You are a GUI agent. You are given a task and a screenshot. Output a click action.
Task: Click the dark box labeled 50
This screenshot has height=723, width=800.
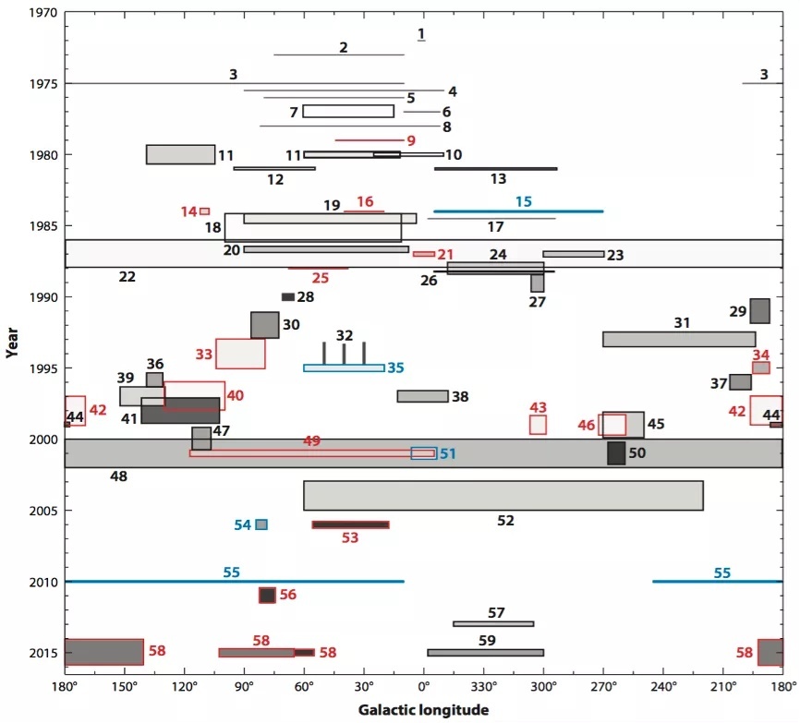(616, 453)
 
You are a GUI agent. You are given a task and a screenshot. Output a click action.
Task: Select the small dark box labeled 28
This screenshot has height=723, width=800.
(288, 297)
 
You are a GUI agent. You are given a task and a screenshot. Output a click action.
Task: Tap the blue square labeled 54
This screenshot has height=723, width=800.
(261, 524)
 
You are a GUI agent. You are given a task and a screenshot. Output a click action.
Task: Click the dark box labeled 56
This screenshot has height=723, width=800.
(267, 596)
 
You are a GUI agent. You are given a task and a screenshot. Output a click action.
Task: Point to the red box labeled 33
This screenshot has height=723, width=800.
(240, 354)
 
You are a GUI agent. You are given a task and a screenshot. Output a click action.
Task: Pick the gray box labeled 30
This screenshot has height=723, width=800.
(264, 325)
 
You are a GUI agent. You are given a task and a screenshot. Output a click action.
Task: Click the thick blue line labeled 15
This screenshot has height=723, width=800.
(518, 211)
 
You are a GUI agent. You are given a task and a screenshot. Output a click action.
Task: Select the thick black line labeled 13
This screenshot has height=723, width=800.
(496, 169)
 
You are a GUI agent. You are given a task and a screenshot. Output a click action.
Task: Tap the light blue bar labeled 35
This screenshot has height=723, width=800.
(344, 368)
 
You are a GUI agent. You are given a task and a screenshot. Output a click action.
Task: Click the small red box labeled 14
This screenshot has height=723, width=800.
(204, 211)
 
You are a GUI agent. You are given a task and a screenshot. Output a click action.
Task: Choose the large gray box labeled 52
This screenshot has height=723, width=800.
(503, 496)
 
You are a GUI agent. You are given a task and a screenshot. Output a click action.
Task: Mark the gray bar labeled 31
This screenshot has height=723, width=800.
(679, 339)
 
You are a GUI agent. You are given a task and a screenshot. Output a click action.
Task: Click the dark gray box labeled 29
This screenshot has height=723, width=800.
(759, 311)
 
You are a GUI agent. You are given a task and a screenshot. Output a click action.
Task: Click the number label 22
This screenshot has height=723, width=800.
(127, 276)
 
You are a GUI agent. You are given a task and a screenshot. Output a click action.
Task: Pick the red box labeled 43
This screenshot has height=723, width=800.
(538, 425)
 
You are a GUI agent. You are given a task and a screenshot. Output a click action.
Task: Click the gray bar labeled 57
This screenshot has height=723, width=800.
(493, 624)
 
